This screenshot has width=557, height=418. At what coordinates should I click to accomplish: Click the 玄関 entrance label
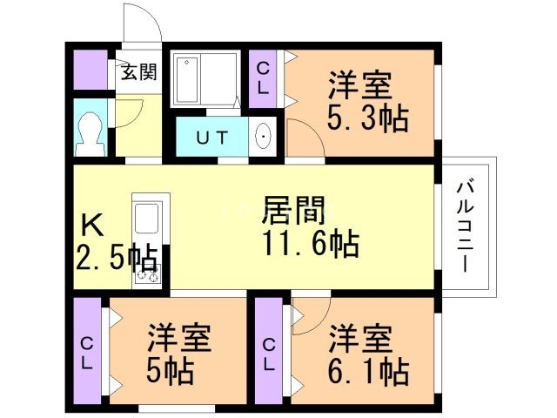click(x=139, y=72)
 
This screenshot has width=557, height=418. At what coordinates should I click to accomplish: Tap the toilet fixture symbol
click(x=91, y=134)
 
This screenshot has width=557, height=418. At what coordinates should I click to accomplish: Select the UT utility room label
click(x=212, y=138)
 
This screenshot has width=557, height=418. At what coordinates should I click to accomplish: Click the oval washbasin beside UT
click(x=263, y=137)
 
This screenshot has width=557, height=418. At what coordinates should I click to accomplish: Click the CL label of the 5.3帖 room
click(x=263, y=78)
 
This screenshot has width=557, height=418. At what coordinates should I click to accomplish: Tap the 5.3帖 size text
click(x=367, y=118)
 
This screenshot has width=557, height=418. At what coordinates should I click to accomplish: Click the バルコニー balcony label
click(x=466, y=226)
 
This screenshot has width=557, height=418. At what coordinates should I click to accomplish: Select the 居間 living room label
click(x=293, y=211)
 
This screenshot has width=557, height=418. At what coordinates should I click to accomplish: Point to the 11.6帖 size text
click(x=311, y=244)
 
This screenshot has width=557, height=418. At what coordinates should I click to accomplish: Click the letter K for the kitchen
click(x=92, y=225)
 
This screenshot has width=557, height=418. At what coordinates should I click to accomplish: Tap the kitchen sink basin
click(x=147, y=219)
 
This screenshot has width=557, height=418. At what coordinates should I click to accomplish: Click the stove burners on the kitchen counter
click(x=147, y=273)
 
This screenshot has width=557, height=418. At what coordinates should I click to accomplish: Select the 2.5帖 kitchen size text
click(x=117, y=258)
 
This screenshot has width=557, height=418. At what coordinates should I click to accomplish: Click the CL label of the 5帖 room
click(x=87, y=354)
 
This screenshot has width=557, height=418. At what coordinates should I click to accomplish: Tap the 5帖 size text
click(x=170, y=372)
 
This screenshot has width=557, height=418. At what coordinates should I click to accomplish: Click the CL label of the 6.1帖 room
click(x=269, y=354)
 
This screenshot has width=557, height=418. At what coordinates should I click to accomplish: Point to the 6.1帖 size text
click(x=368, y=372)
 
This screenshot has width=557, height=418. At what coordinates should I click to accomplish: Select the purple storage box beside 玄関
click(x=91, y=70)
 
